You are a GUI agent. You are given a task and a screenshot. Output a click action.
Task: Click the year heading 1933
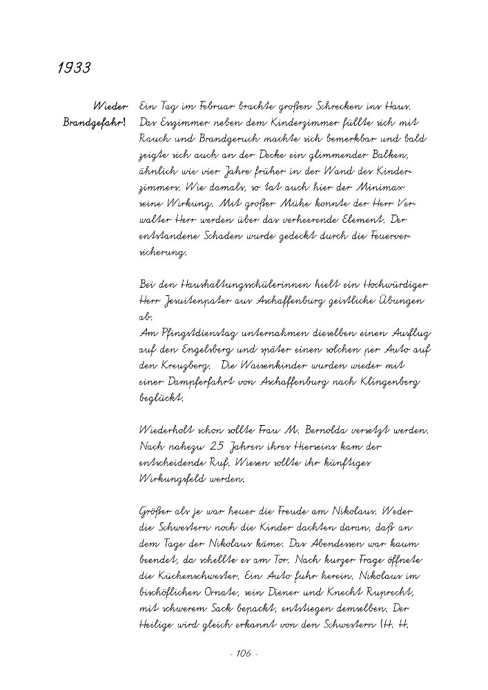(x=74, y=68)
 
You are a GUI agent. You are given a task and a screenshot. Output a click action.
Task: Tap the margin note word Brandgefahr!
(x=95, y=122)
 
